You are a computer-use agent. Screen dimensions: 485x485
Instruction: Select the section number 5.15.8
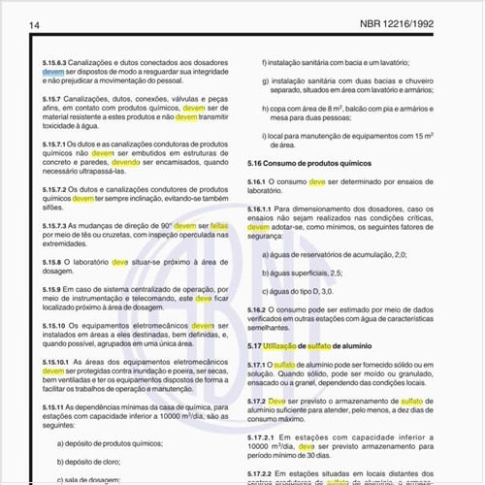(x=56, y=262)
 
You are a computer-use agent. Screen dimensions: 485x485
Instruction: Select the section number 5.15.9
(x=56, y=289)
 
